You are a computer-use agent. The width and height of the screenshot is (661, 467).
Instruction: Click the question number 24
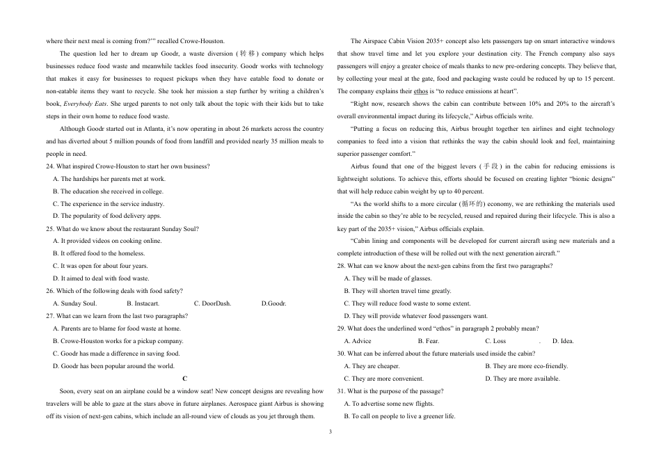(x=49, y=166)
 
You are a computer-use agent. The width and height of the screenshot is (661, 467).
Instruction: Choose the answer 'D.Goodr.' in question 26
(x=273, y=303)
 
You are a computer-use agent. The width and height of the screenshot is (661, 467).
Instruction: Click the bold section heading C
(x=185, y=379)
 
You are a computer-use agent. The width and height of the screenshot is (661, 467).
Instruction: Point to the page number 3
(x=330, y=432)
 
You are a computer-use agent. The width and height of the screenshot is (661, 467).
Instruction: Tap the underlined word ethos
(x=421, y=91)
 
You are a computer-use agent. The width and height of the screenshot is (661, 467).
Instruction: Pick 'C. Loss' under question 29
(x=495, y=341)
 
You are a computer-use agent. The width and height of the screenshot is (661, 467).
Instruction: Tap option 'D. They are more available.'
(x=522, y=379)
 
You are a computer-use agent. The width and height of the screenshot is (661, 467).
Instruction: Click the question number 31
(x=341, y=391)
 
